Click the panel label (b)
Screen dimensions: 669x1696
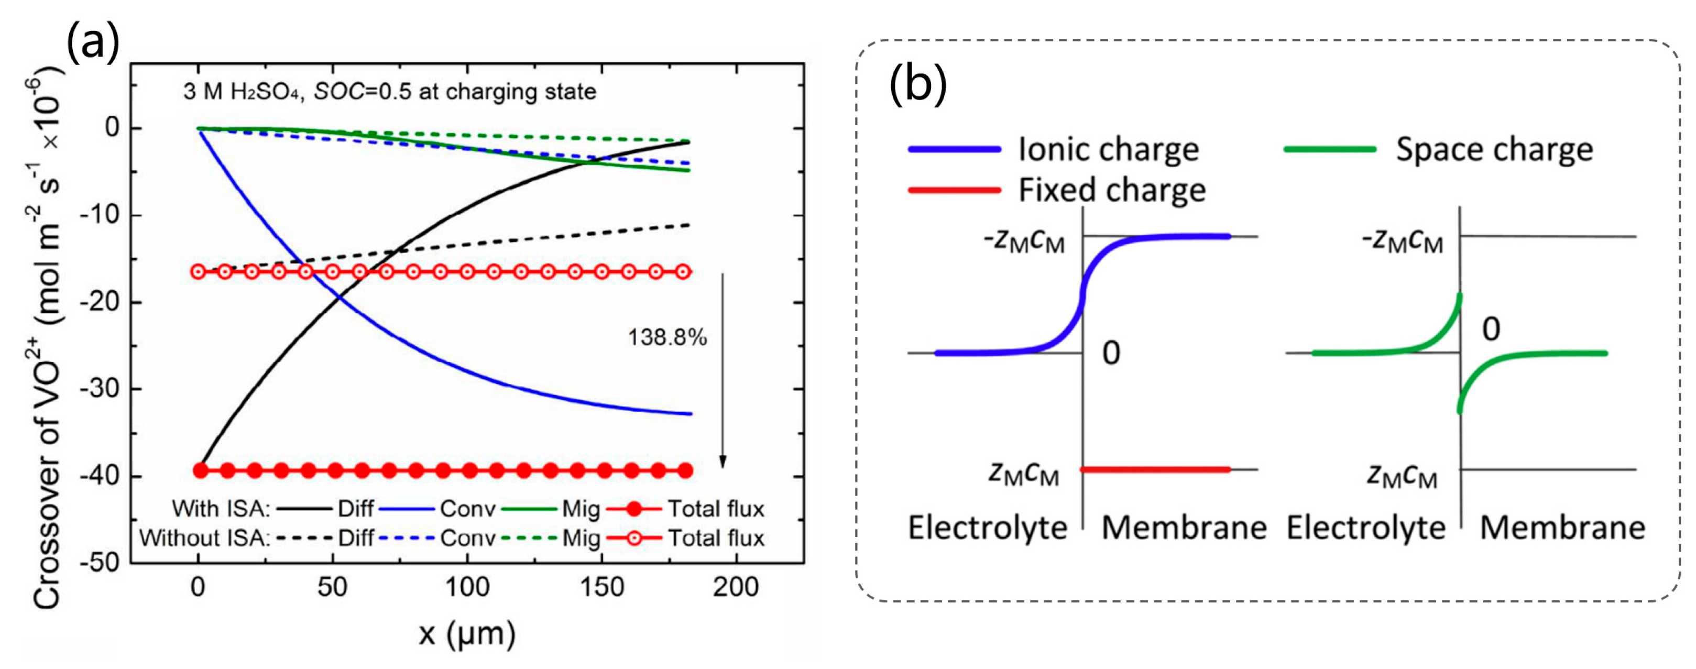(x=918, y=85)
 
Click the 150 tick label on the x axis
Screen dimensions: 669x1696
(x=601, y=587)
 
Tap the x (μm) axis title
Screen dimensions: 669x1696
(x=467, y=634)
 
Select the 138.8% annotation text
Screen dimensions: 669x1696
(x=667, y=338)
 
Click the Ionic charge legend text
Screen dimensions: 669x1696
(x=1109, y=149)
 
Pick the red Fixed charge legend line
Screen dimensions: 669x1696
(x=954, y=190)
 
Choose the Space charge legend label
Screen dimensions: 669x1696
(x=1494, y=149)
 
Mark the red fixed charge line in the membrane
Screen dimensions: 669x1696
(x=1155, y=469)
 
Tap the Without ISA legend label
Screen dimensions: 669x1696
(x=205, y=539)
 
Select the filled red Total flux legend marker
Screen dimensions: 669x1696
(x=633, y=509)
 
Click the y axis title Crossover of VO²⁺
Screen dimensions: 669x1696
(x=47, y=343)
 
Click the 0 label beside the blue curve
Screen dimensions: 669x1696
(x=1111, y=354)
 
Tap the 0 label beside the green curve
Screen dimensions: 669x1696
(x=1491, y=328)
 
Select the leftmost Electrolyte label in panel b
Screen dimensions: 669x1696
(x=988, y=528)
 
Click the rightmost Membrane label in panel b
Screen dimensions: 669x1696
(x=1562, y=528)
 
